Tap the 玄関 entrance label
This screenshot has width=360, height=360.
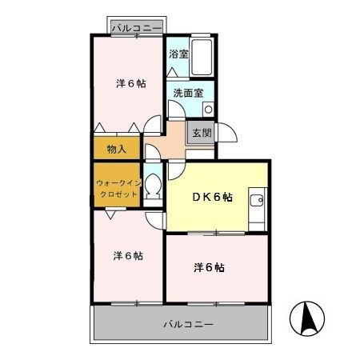click(x=201, y=133)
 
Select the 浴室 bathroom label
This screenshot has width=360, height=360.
click(x=178, y=55)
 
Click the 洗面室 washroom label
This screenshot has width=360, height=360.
click(x=188, y=93)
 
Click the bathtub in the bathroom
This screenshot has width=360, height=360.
click(x=202, y=57)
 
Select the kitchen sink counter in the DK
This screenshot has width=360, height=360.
click(x=258, y=207)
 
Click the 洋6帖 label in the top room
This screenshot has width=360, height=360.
click(x=130, y=82)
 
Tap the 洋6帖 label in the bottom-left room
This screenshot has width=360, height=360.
click(x=128, y=256)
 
